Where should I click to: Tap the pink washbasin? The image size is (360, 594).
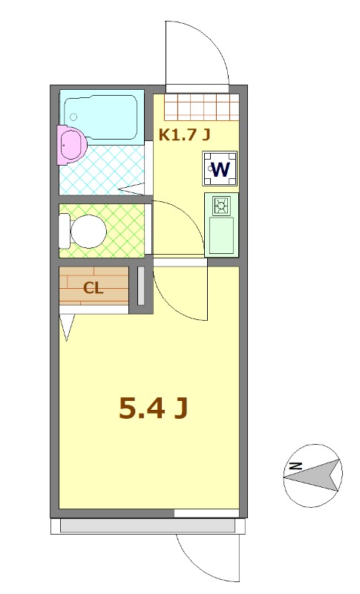pos(71,143)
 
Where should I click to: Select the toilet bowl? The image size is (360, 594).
pos(86,231)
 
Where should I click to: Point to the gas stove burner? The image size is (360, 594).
pos(221,206)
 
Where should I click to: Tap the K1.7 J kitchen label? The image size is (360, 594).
pos(185,134)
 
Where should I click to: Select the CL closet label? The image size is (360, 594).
pos(93,289)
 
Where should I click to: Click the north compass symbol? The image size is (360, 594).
pos(312,476)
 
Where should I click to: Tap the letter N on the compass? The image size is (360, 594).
pos(295,466)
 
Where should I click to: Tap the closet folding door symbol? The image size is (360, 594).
pos(68,327)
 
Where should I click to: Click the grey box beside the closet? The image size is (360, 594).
pos(140,284)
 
